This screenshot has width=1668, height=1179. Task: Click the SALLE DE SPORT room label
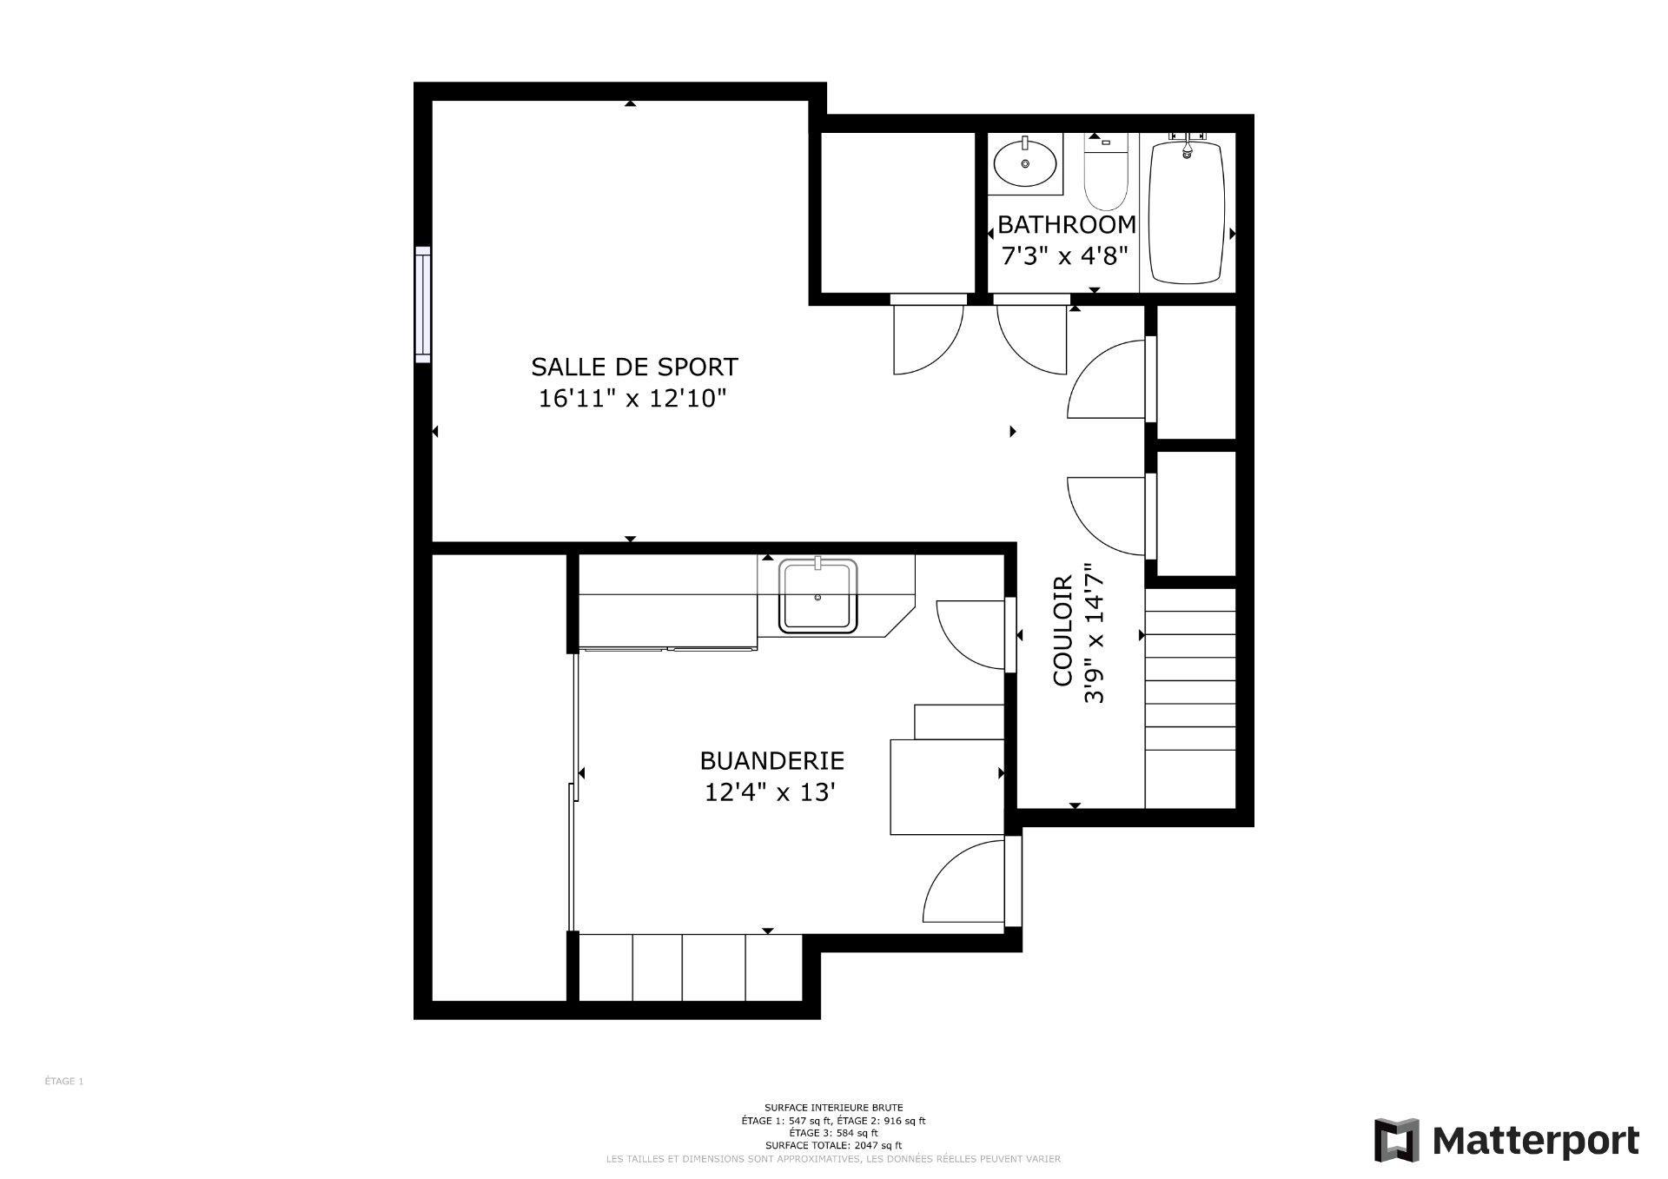634,367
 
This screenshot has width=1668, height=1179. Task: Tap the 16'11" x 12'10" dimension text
632,399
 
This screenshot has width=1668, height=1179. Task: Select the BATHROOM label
1066,225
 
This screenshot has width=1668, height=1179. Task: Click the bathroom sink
1025,162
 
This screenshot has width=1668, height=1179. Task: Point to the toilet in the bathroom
1105,174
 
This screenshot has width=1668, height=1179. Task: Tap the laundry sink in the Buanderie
817,596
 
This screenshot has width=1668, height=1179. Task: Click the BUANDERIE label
771,761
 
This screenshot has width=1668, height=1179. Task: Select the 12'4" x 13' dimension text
771,793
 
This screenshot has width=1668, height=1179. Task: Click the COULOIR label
1063,631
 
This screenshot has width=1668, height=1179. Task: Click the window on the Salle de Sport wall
423,304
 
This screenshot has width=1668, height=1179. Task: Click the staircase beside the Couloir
1190,695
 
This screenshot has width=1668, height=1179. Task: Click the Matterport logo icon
1396,1140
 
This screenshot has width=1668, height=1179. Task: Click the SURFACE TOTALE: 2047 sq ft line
833,1145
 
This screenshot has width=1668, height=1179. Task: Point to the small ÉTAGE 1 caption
64,1082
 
